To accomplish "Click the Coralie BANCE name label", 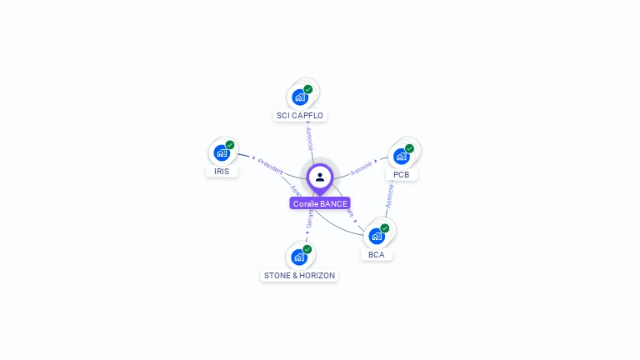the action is coord(320,203).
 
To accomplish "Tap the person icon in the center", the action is coord(320,177).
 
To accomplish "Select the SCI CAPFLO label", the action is coord(300,115).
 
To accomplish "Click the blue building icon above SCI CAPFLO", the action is coord(300,97).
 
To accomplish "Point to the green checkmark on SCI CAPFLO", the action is coord(308,89).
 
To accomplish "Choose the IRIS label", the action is coord(222,171).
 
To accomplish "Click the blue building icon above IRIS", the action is coord(222,152).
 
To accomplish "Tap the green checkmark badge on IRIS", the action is coord(230,145).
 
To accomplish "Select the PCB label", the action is coord(402,174).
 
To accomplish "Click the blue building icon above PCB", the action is coord(401,156).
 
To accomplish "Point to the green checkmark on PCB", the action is coord(409,148).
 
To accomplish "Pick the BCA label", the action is coord(377,254).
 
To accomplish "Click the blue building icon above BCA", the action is coord(377,236).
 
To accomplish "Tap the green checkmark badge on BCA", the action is coord(385,228).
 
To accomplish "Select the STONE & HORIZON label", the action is coord(300,275).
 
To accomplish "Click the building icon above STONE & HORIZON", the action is coord(299,257).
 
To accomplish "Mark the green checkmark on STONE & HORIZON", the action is coord(307,249).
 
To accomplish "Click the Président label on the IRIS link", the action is coord(270,164).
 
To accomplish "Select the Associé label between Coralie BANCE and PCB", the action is coord(362,167).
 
